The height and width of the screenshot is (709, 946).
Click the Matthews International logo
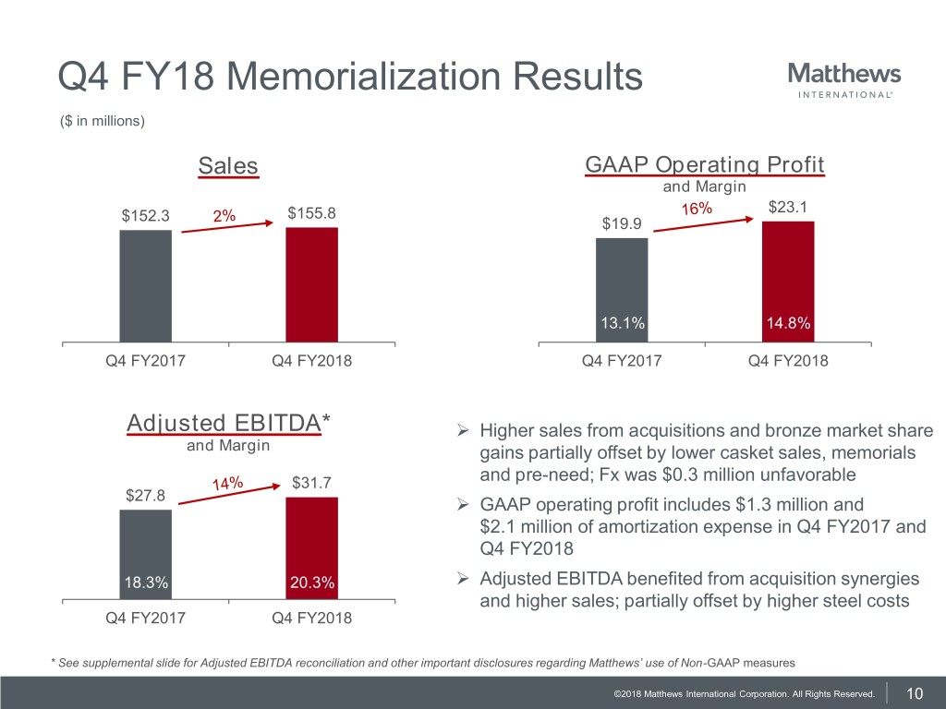tap(844, 80)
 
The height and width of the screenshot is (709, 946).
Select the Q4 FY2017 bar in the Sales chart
tap(145, 286)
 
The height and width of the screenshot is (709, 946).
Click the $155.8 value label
tap(311, 214)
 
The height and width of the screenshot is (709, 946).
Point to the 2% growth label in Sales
tap(224, 216)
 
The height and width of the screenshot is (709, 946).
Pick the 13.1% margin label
tap(622, 322)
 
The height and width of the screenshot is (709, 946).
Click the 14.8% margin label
tap(788, 322)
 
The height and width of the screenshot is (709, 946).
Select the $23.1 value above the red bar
tap(787, 208)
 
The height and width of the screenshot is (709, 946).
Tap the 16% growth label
tap(697, 210)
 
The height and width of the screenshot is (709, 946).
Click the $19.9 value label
tap(621, 224)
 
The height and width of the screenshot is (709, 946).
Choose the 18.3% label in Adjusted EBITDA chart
tap(145, 583)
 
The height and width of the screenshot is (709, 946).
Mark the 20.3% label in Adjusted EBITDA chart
tap(311, 583)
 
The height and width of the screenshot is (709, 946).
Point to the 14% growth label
tap(226, 484)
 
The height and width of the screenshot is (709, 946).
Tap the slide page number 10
tap(916, 693)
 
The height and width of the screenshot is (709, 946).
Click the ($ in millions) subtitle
tap(102, 120)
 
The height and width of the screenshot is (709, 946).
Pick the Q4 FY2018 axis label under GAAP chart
tap(788, 361)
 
